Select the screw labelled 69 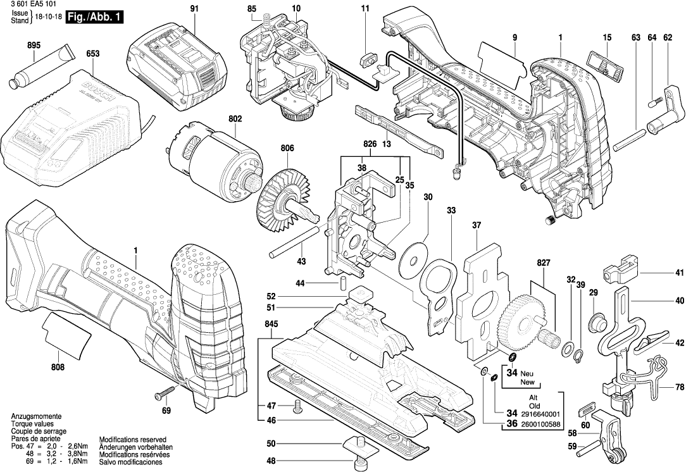tap(161, 394)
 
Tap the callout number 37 tap(477, 225)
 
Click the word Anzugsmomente tap(35, 416)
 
